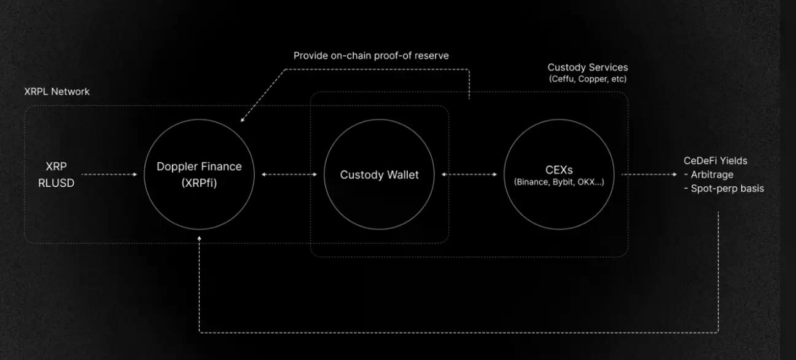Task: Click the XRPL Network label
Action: (57, 92)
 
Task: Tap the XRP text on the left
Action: (56, 166)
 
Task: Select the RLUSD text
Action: (56, 183)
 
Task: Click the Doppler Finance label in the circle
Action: (199, 166)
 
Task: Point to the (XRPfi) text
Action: (199, 183)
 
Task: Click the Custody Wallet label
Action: (379, 175)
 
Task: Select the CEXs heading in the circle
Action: (559, 170)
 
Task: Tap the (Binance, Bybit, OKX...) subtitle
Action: (559, 182)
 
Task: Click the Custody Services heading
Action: (588, 68)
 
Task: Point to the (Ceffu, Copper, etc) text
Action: (588, 79)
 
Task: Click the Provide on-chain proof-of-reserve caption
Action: (371, 56)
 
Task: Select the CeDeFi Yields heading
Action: (716, 161)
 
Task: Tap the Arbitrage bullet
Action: (709, 175)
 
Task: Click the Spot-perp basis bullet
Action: (724, 189)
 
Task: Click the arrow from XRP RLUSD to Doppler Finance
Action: (109, 174)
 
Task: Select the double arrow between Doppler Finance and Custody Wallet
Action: (289, 174)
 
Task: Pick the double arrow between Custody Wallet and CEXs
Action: (469, 174)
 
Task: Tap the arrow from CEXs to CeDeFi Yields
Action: (649, 174)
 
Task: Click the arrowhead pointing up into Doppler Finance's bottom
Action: (200, 238)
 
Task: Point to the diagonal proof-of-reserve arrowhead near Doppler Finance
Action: (243, 120)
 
